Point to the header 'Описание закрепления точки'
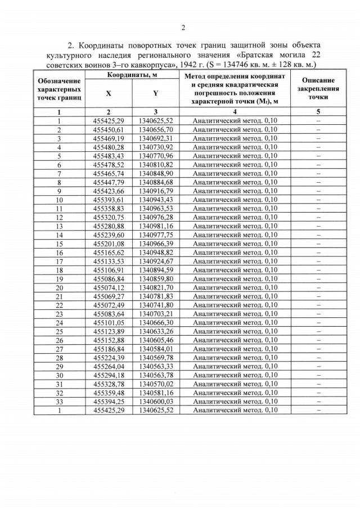point(318,88)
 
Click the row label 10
point(59,200)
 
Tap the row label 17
point(59,261)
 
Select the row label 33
point(59,402)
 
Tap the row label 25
point(59,331)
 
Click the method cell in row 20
point(235,287)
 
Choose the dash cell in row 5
point(318,156)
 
